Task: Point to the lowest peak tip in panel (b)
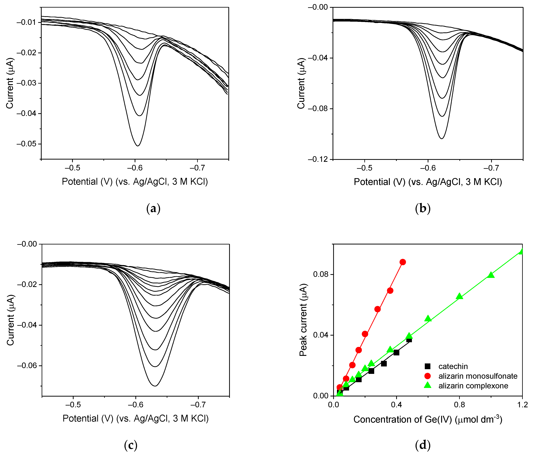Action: coord(442,138)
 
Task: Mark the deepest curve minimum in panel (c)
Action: coord(155,386)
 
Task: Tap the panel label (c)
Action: coord(131,445)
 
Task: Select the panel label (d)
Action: coord(423,445)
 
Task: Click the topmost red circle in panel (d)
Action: coord(403,262)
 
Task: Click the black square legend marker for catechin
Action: coord(428,366)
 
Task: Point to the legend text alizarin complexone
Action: coord(473,386)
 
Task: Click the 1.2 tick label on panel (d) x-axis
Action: coord(522,405)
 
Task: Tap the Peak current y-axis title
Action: coord(303,320)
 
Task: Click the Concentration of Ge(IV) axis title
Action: coord(428,419)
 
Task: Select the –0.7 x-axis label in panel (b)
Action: coord(491,168)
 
